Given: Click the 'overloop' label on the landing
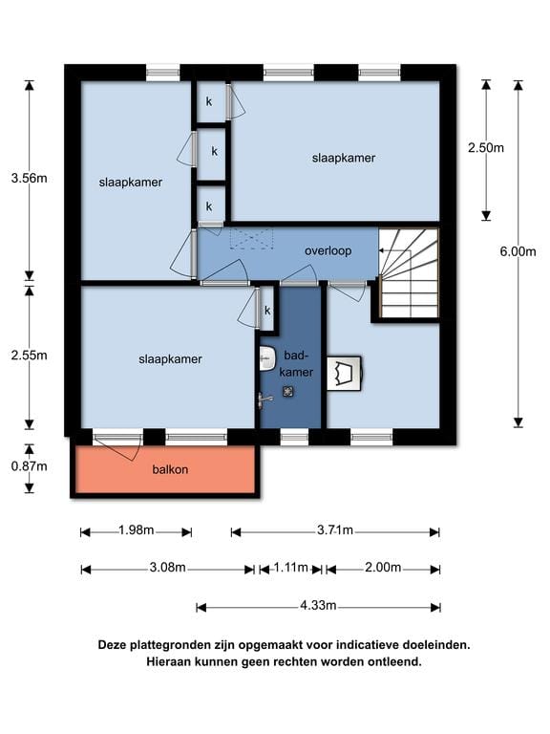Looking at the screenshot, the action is coord(328,251).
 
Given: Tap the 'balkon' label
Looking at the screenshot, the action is coord(170,469).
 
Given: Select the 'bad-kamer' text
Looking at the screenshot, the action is coord(296,364).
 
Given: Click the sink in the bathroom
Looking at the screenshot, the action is coord(267,359).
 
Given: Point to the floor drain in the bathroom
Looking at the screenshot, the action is coord(288,391).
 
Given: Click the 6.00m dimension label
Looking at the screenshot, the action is coord(518,251).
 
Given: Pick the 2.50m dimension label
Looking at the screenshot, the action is coord(486,148).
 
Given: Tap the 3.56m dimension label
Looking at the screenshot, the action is coord(29,179).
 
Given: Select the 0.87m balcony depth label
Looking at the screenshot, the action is coord(29,466).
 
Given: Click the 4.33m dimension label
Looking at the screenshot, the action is coord(318,605).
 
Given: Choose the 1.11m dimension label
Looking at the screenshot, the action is coord(290,568).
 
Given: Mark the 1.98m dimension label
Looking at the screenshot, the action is coord(137,529).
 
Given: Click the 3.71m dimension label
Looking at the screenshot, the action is coord(335,529).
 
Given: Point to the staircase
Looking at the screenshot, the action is coord(410,273).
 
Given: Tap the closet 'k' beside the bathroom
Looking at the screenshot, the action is coord(267,311).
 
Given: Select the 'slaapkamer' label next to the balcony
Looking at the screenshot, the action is coord(170,359).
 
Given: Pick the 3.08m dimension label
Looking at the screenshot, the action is coord(167,568).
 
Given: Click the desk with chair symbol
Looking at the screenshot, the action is coord(345,373).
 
